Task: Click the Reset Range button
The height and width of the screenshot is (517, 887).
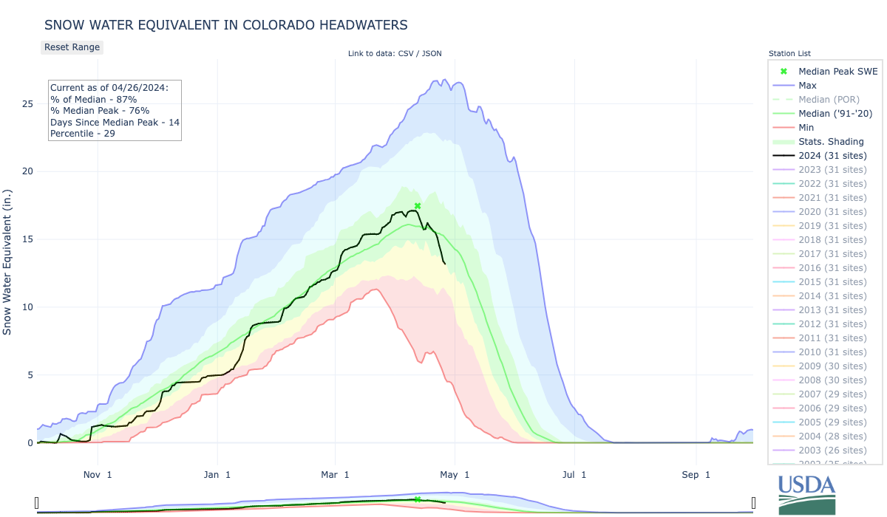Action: tap(71, 47)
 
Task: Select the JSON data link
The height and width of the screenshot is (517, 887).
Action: tap(432, 53)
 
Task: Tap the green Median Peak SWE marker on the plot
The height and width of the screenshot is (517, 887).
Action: tap(418, 206)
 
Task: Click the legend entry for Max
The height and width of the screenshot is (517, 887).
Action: tap(809, 86)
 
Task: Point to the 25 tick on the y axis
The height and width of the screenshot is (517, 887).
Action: tap(27, 103)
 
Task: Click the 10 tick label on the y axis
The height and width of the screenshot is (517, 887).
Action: tap(27, 307)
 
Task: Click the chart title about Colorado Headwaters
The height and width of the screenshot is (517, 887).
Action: tap(225, 24)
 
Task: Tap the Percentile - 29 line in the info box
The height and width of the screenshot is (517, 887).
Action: tap(82, 134)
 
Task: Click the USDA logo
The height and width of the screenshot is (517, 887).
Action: tap(806, 493)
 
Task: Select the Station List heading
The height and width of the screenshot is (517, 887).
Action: tap(789, 53)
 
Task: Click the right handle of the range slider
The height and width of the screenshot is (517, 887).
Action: tap(753, 503)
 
